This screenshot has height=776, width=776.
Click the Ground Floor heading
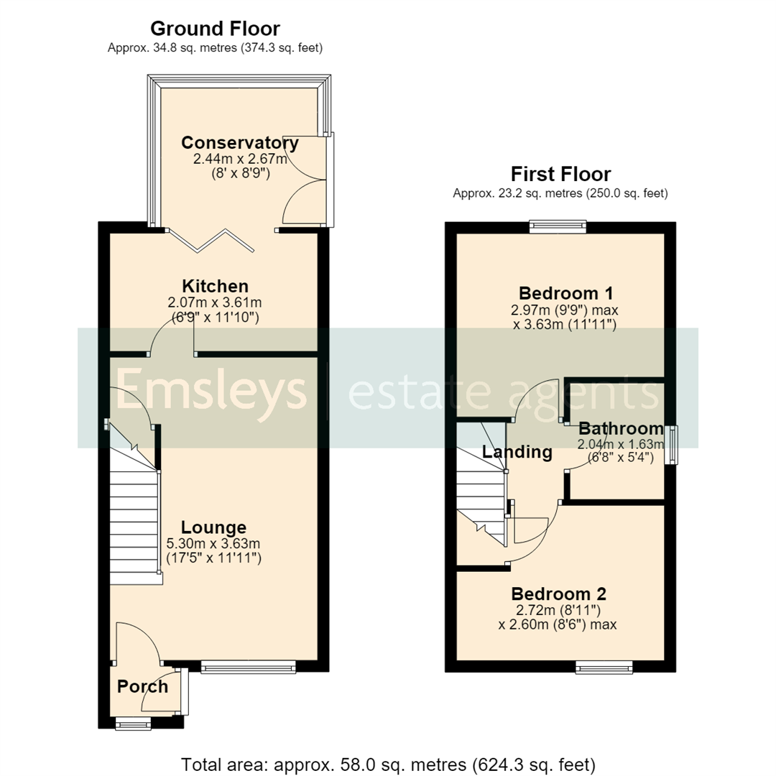pyautogui.click(x=215, y=29)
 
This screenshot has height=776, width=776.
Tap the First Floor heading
pyautogui.click(x=560, y=174)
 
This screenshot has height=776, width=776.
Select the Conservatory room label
pyautogui.click(x=240, y=142)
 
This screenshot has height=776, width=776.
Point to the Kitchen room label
pyautogui.click(x=216, y=286)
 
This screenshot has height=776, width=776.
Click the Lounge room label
pyautogui.click(x=213, y=527)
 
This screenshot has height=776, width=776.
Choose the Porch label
pyautogui.click(x=142, y=686)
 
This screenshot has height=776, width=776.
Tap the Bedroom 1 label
pyautogui.click(x=565, y=293)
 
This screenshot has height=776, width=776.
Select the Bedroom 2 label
pyautogui.click(x=558, y=594)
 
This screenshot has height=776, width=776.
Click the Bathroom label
pyautogui.click(x=621, y=428)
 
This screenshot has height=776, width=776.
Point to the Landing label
pyautogui.click(x=517, y=452)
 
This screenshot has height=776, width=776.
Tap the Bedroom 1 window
pyautogui.click(x=558, y=227)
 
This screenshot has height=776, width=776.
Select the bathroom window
pyautogui.click(x=672, y=445)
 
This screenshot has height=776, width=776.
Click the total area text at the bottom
pyautogui.click(x=388, y=765)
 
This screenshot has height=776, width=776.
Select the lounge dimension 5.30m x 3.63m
pyautogui.click(x=213, y=543)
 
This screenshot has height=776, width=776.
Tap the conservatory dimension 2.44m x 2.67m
pyautogui.click(x=240, y=159)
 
